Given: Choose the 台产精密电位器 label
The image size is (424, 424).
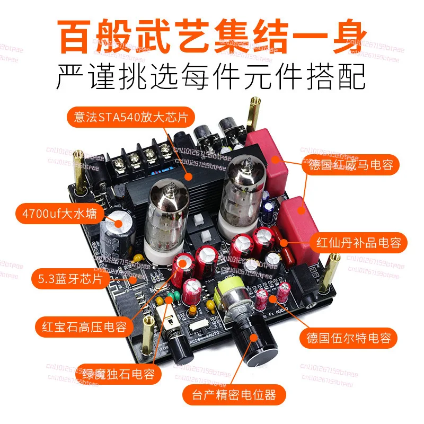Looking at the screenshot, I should pyautogui.click(x=234, y=395).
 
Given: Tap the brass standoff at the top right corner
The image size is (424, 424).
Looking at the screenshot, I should pyautogui.click(x=255, y=114).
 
